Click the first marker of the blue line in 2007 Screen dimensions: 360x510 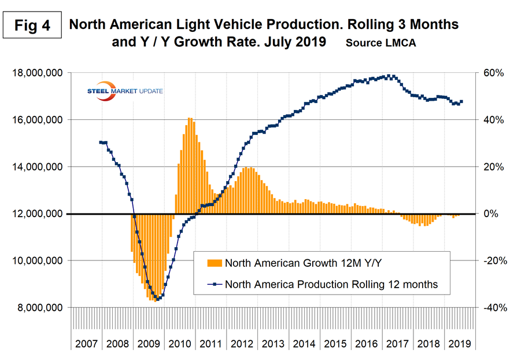[101, 142]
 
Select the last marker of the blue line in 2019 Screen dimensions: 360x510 [461, 102]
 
